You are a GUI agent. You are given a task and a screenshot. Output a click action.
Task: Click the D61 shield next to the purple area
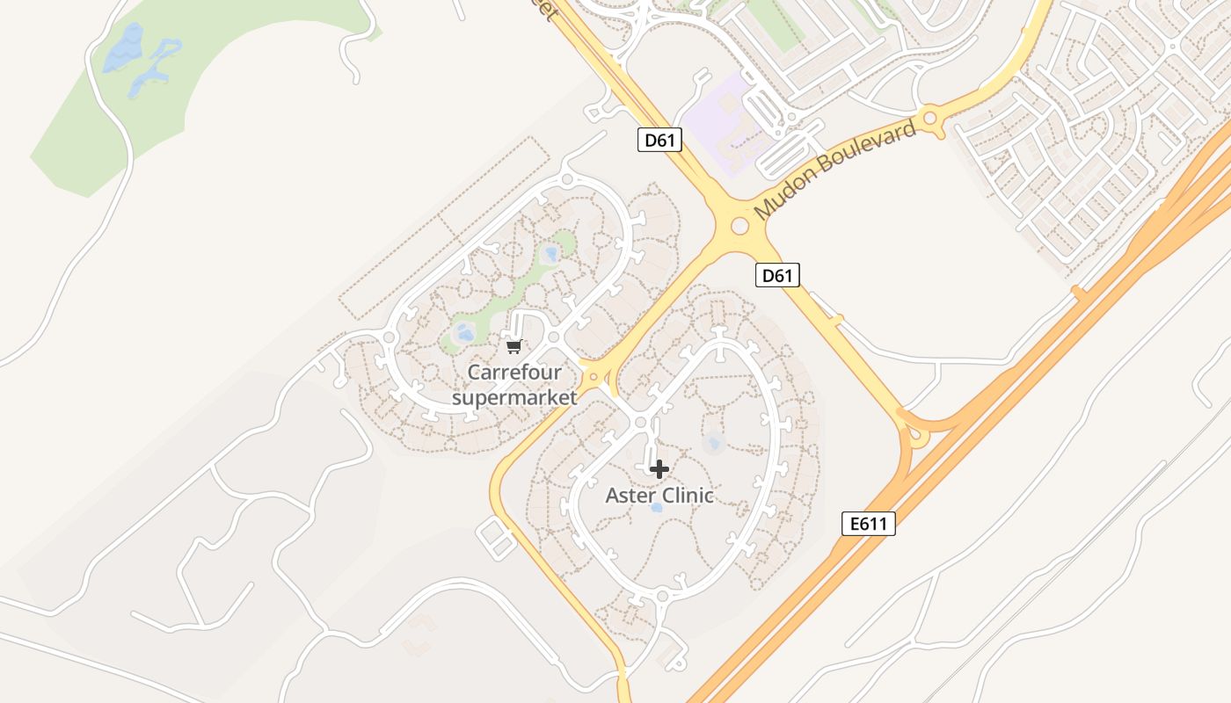coord(659,140)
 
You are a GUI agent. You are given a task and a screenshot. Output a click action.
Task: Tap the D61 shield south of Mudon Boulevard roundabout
coord(777,275)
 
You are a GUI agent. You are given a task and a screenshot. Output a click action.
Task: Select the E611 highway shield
coord(869,525)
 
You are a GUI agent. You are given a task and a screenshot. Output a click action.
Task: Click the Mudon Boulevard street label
coord(834,171)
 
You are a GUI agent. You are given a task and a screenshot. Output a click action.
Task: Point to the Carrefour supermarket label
coord(514,385)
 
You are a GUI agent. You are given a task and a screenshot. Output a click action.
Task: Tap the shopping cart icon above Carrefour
coord(514,346)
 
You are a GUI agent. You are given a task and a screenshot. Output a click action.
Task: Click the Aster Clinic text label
coord(659,496)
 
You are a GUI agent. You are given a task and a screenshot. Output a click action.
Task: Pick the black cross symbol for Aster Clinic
coord(659,469)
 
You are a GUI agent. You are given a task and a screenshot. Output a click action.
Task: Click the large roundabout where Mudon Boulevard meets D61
coord(739,227)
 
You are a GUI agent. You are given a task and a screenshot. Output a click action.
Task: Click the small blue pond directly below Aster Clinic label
coord(656,508)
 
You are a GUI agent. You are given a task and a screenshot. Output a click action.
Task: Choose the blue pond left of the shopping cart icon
coord(463,332)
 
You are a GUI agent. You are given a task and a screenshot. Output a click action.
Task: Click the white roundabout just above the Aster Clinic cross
coord(640,424)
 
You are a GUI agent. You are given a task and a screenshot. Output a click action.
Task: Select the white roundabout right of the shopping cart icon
coord(554,337)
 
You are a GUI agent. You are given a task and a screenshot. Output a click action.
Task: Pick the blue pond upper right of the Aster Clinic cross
coord(714,442)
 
